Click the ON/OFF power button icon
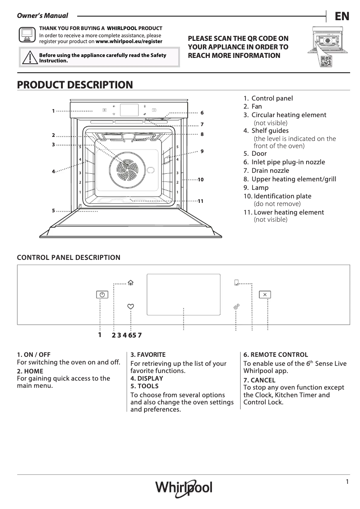(102, 294)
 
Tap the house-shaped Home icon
(131, 283)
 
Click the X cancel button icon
(265, 294)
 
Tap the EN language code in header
(342, 16)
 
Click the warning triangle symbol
(30, 58)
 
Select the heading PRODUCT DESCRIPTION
(75, 84)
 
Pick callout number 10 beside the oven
(201, 180)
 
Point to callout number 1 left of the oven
(53, 110)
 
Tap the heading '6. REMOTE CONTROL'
(276, 355)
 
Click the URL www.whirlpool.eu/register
(129, 41)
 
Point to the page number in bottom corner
(347, 482)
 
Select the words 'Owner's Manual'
(42, 16)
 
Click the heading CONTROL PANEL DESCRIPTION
(68, 258)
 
